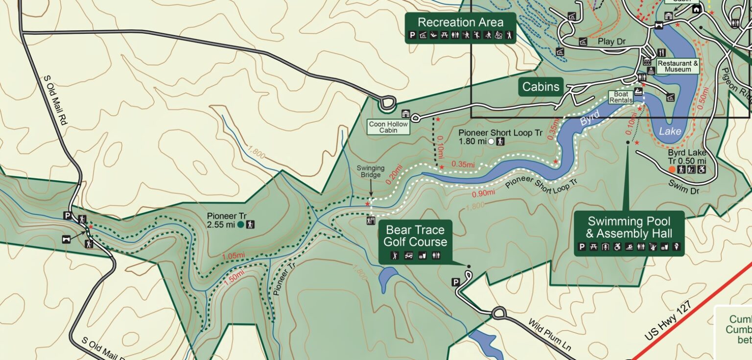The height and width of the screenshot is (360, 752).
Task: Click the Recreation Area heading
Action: click(x=460, y=23)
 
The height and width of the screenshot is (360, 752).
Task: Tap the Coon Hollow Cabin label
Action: click(x=388, y=127)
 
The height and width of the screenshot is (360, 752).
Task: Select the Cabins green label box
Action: click(x=540, y=87)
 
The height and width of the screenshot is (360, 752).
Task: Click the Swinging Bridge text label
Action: click(x=370, y=171)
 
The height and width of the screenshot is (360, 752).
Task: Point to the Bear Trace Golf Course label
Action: click(x=415, y=236)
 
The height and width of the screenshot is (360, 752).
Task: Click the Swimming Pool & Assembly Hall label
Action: click(x=629, y=227)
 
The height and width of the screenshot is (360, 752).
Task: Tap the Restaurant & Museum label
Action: click(x=678, y=67)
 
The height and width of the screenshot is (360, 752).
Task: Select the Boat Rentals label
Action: click(x=618, y=97)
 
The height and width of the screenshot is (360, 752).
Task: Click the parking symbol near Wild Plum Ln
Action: click(x=455, y=282)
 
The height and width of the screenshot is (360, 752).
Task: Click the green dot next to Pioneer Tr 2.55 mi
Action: click(x=240, y=225)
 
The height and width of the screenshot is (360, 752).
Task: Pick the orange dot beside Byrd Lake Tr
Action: click(x=672, y=169)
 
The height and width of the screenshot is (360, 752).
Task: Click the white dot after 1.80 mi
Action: click(x=491, y=142)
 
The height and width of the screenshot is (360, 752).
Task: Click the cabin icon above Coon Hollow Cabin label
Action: click(x=406, y=114)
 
